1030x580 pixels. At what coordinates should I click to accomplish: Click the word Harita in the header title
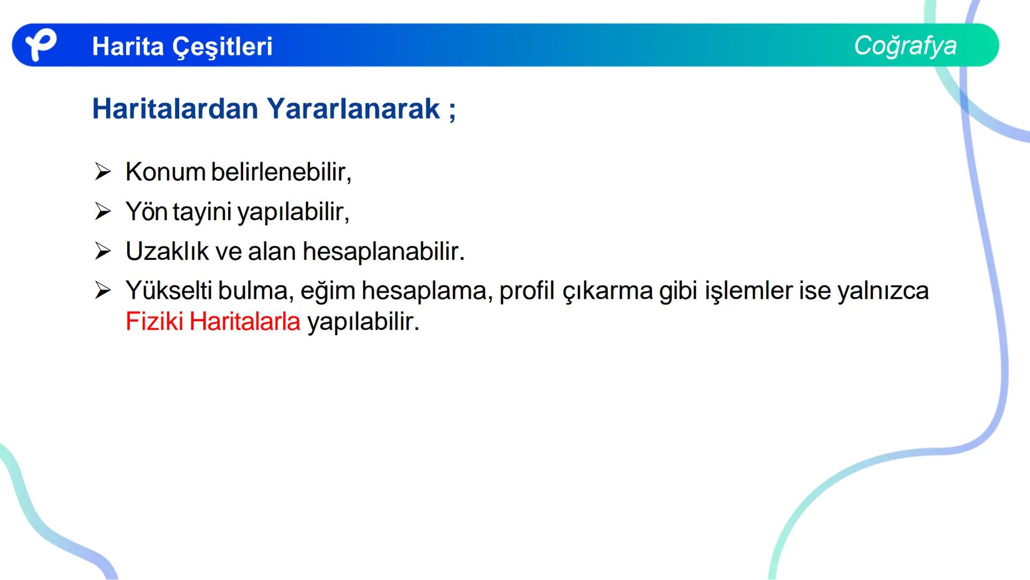pyautogui.click(x=128, y=47)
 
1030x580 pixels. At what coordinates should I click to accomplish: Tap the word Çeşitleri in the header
pyautogui.click(x=222, y=47)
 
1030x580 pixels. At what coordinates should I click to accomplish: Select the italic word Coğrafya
pyautogui.click(x=905, y=46)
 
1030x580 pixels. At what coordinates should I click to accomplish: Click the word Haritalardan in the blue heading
pyautogui.click(x=175, y=109)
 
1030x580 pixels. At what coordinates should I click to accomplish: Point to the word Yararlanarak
pyautogui.click(x=354, y=109)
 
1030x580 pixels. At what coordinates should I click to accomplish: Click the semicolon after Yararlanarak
pyautogui.click(x=452, y=110)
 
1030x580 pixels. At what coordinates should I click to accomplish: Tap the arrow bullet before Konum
pyautogui.click(x=102, y=172)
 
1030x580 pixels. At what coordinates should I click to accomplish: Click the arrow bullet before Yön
pyautogui.click(x=102, y=212)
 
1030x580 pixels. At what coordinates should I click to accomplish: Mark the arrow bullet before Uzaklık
pyautogui.click(x=102, y=251)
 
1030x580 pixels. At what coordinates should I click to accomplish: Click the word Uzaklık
pyautogui.click(x=167, y=251)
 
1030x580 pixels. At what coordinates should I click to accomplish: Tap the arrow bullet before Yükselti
pyautogui.click(x=102, y=291)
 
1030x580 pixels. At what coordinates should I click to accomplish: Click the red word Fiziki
pyautogui.click(x=154, y=322)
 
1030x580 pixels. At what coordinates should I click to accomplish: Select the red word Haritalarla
pyautogui.click(x=245, y=322)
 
